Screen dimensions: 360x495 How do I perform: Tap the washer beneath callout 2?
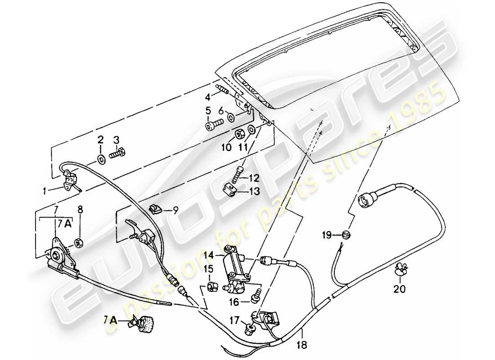tap(100, 158)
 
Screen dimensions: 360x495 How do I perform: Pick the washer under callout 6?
tap(230, 118)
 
